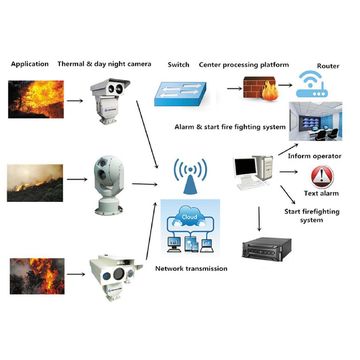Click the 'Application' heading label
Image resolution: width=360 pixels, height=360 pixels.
29,64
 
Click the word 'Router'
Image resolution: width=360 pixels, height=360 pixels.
325,64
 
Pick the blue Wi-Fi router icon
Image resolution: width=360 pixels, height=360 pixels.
321,85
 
